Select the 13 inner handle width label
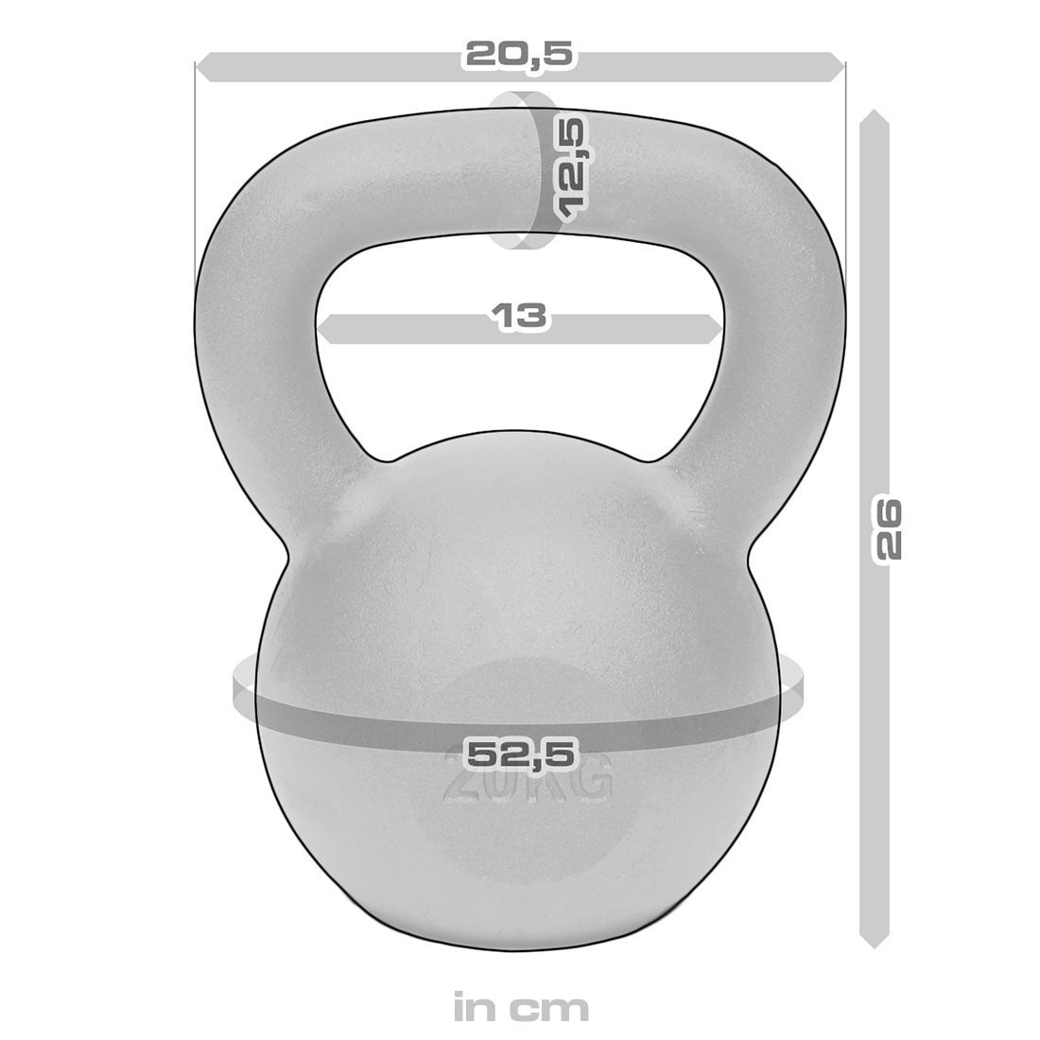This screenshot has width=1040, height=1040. [x=519, y=316]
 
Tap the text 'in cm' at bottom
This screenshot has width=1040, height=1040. [x=520, y=1007]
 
